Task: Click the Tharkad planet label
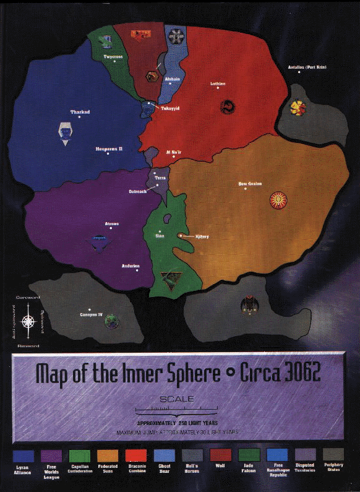[x=80, y=112]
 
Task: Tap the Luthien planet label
[x=218, y=84]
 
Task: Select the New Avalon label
[x=251, y=183]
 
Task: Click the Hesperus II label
[x=109, y=149]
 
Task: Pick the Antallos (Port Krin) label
[x=307, y=67]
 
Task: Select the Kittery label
[x=202, y=236]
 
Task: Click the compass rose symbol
[x=28, y=322]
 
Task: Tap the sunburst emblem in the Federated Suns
[x=278, y=201]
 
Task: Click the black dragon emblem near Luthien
[x=227, y=108]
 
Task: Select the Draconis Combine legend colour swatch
[x=136, y=456]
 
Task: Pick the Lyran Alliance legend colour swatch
[x=22, y=456]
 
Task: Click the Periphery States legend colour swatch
[x=335, y=455]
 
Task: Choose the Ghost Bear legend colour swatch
[x=165, y=456]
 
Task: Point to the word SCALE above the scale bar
[x=176, y=399]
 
